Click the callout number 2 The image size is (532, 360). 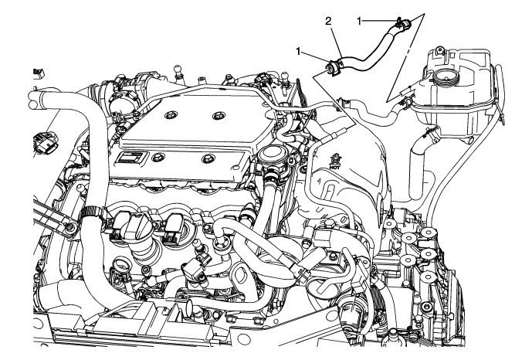(328, 23)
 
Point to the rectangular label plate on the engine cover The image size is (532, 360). (131, 159)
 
